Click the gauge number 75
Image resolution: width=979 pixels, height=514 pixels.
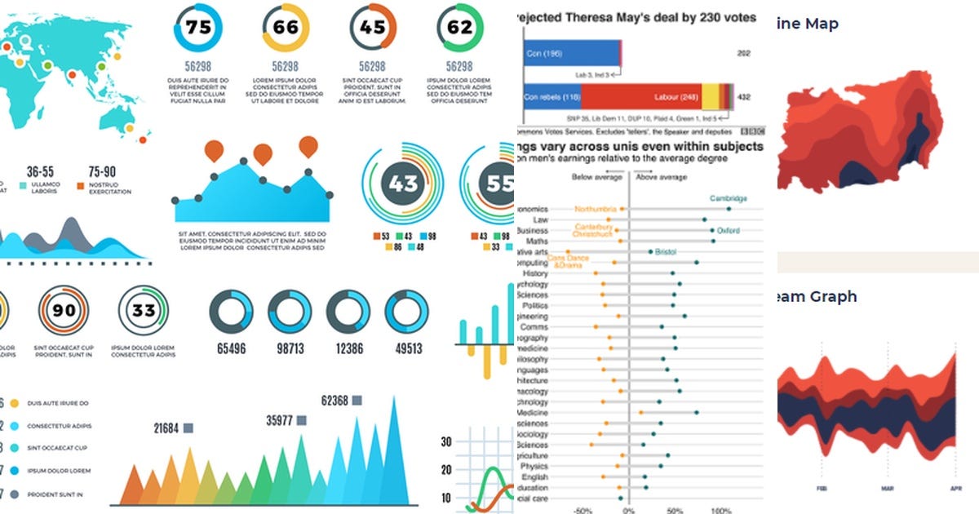[197, 27]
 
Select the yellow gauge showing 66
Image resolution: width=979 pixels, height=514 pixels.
[286, 27]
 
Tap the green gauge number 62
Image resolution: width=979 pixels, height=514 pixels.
[460, 27]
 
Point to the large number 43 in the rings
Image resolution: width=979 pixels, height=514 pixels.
[403, 184]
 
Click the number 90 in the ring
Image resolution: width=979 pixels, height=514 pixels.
[64, 310]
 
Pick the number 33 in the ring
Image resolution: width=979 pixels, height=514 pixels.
[144, 310]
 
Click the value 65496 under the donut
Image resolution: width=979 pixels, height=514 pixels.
[232, 348]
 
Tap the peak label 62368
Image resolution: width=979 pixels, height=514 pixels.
[335, 401]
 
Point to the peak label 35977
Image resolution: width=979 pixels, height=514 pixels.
[281, 421]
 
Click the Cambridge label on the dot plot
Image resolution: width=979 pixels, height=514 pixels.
[728, 198]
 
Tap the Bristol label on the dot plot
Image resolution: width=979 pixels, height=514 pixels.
[666, 252]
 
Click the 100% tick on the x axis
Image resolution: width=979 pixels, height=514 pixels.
[720, 511]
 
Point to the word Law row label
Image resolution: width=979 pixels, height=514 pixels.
[540, 219]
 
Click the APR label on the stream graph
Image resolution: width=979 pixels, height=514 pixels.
[956, 488]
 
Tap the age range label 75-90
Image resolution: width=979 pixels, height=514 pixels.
[102, 172]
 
